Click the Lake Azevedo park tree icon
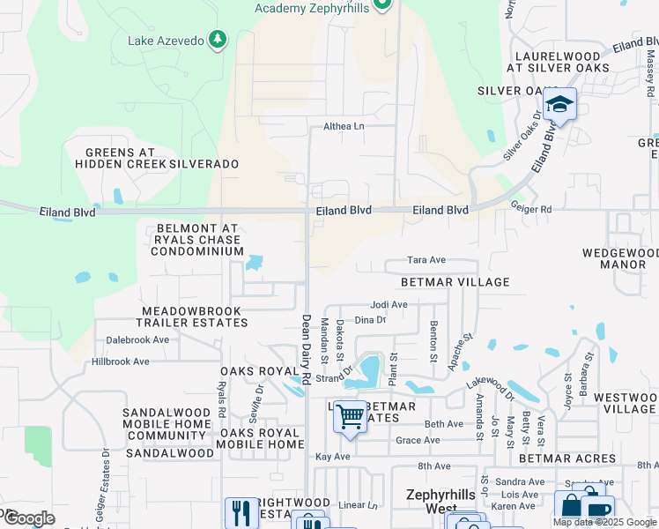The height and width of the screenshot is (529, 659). (218, 41)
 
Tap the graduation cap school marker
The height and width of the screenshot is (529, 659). (559, 105)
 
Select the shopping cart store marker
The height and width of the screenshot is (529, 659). (350, 415)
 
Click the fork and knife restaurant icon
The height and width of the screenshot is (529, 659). (240, 511)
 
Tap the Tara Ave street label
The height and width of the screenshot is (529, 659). (426, 260)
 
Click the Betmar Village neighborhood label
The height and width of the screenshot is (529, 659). (455, 282)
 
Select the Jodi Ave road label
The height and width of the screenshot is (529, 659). (389, 304)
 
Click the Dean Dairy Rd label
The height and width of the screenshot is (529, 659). (307, 349)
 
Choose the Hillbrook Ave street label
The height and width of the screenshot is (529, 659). (121, 361)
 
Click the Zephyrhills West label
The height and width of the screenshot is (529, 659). (440, 502)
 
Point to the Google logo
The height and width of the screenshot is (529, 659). (29, 518)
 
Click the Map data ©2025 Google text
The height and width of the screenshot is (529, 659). (604, 522)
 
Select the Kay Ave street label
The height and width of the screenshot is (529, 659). (333, 457)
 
